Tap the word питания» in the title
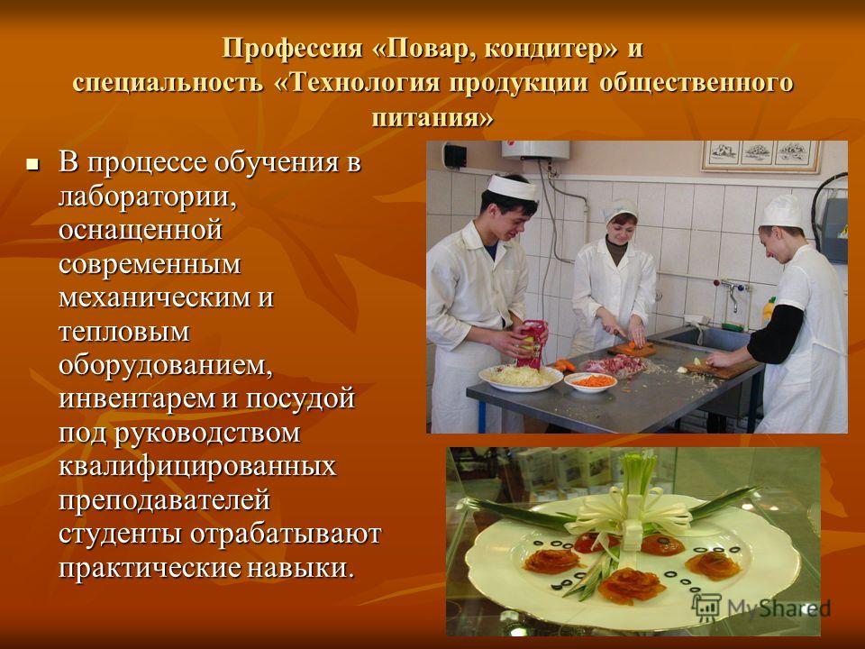pos(432,117)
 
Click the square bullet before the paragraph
pos(33,164)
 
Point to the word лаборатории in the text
pos(148,197)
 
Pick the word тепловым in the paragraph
pos(124,333)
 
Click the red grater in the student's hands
pos(531,343)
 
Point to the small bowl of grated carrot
pos(590,381)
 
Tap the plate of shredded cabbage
pos(521,378)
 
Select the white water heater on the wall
pos(535,150)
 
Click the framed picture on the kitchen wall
pos(761,156)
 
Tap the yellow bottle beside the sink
pos(768,312)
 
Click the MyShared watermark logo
pos(761,608)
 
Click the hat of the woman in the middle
pos(620,210)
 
